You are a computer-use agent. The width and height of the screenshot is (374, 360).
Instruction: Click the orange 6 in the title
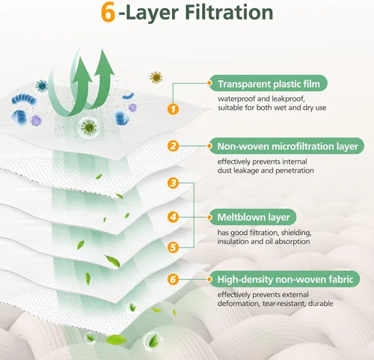(x=108, y=13)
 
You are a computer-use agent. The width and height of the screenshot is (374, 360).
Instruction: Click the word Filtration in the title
(x=229, y=12)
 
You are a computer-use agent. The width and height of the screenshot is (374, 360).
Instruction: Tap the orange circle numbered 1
(x=173, y=109)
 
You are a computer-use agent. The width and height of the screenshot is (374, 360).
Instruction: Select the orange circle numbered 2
(x=173, y=146)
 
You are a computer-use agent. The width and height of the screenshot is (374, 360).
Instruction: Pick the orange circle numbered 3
(x=173, y=183)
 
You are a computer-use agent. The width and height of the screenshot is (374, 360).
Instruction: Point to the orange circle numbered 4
(x=173, y=217)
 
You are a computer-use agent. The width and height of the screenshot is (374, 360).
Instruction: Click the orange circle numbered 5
(x=173, y=248)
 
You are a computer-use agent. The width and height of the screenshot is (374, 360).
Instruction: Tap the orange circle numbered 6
(x=173, y=279)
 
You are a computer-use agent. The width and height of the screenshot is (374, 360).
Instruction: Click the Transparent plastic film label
(x=268, y=83)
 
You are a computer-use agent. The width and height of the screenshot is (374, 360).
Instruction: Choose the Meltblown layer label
(x=253, y=217)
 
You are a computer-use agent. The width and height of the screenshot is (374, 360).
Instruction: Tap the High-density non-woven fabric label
(x=284, y=279)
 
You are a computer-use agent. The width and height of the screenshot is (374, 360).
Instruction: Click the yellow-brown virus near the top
(x=156, y=77)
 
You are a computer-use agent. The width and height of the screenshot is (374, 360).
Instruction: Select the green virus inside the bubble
(x=89, y=127)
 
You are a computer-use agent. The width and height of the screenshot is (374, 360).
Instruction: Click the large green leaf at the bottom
(x=116, y=340)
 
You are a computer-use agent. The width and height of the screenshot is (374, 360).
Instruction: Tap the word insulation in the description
(x=232, y=242)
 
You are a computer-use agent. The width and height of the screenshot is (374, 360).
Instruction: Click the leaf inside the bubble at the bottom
(x=153, y=341)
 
